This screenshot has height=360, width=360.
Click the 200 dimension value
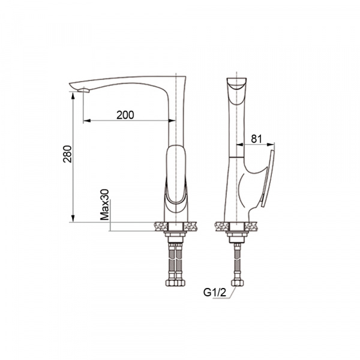(125, 115)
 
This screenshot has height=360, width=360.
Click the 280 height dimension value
(67, 154)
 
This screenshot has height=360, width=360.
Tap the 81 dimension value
(256, 139)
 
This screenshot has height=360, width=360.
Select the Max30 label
(104, 205)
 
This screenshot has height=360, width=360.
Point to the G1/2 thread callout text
(215, 292)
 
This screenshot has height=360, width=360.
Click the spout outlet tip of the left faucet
(83, 90)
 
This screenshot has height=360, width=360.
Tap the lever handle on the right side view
(268, 179)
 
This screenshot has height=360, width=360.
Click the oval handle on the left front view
(176, 174)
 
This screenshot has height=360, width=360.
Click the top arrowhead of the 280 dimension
(73, 95)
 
